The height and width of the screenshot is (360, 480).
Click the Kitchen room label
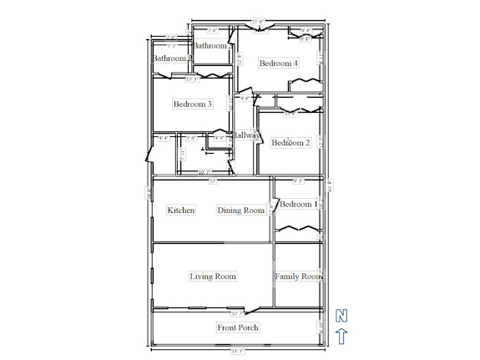[180, 210]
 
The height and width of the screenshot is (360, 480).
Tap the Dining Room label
[240, 210]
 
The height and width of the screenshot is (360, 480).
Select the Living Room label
[213, 276]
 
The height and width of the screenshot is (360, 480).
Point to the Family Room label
[298, 276]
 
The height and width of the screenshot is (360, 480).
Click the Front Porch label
[237, 327]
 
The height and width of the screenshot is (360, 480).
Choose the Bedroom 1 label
[298, 205]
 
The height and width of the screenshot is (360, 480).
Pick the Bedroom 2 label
[291, 143]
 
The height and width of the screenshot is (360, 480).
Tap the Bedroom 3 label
[192, 104]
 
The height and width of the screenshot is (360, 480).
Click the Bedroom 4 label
[278, 63]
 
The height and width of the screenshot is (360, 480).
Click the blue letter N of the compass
[341, 315]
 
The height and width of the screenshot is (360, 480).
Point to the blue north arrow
[341, 336]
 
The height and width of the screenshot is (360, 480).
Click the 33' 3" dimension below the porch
[238, 351]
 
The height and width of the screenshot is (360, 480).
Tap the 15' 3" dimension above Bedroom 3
[191, 79]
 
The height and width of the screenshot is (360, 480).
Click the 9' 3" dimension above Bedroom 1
[298, 180]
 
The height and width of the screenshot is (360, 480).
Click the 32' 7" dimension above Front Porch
[236, 313]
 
